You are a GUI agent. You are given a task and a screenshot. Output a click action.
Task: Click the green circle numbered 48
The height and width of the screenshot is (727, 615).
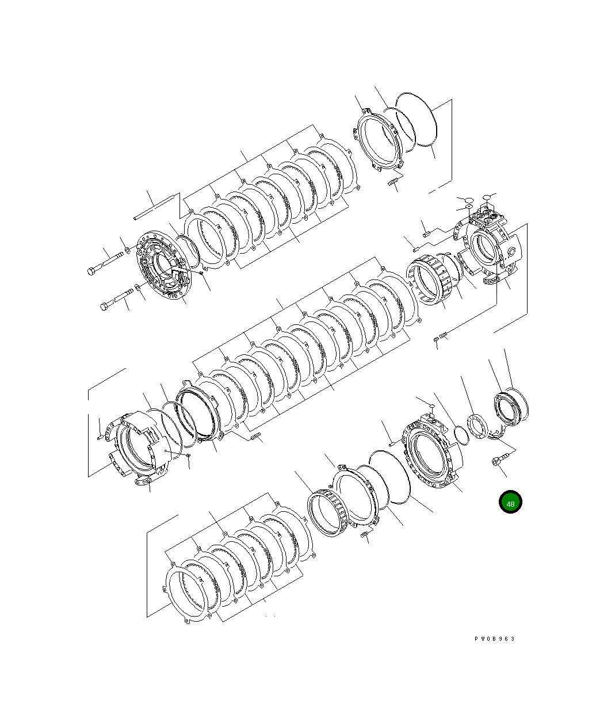(x=510, y=502)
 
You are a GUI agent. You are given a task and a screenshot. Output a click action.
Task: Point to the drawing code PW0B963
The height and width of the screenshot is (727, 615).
(x=494, y=639)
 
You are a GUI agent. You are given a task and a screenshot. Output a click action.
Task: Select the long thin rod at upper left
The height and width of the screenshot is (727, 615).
(x=154, y=208)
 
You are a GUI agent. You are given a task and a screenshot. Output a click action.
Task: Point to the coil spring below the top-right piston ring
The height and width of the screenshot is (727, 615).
(x=395, y=182)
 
